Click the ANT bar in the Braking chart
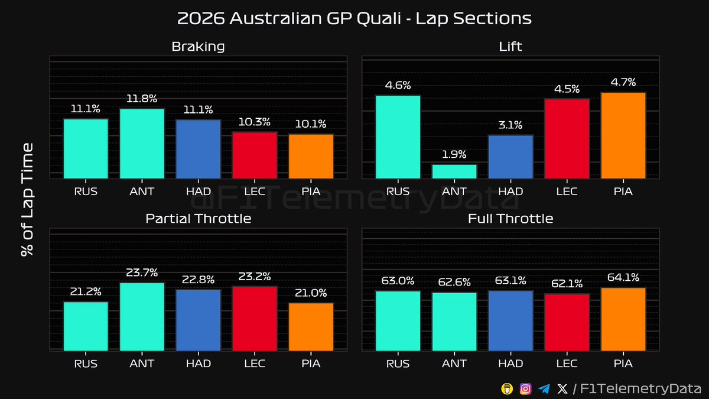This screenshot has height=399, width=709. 142,143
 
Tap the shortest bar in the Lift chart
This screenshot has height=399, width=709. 454,171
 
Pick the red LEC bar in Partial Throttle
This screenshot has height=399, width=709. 255,318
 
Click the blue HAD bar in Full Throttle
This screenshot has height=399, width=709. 510,320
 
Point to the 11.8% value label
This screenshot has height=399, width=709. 142,98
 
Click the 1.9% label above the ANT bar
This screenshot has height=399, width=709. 454,154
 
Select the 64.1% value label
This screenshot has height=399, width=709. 623,277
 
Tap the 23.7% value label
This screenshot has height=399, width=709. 142,273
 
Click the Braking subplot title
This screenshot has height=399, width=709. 198,46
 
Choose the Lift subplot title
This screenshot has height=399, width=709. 510,46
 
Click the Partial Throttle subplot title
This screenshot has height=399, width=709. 198,219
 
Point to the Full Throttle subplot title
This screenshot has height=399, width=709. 510,219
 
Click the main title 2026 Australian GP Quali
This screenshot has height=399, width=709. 354,18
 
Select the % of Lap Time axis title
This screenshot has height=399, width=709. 27,199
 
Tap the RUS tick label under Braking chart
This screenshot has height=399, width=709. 86,191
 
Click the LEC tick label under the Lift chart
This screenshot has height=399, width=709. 567,191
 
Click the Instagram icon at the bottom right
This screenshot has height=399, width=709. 525,388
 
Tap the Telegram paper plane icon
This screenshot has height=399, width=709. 544,388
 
